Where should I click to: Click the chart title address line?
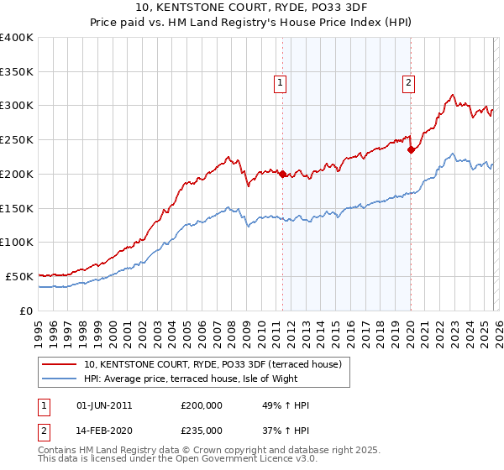point(251,8)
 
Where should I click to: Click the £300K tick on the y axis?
point(17,106)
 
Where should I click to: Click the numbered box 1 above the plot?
point(279,82)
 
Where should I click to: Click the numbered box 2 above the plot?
point(407,82)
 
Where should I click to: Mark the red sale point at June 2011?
point(282,175)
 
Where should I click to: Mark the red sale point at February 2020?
point(411,150)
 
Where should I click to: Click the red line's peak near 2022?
point(452,96)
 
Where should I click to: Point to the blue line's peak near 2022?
point(452,154)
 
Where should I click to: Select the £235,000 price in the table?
point(201,430)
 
